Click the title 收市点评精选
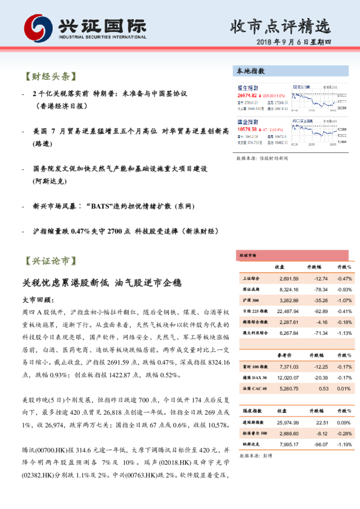[281, 26]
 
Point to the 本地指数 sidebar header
[250, 71]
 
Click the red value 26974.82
[247, 96]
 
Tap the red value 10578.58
[247, 129]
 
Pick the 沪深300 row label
[250, 300]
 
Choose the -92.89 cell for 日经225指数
[318, 311]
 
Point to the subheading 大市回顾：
[38, 300]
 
